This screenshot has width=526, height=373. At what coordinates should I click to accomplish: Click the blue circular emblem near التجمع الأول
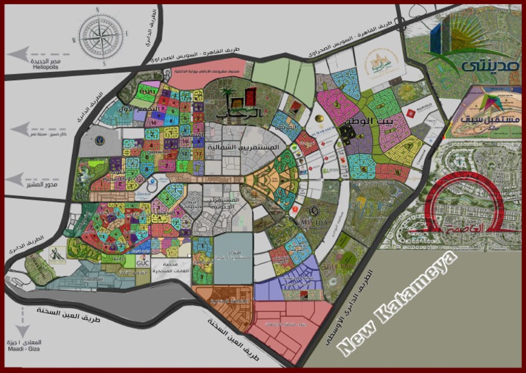pyautogui.click(x=101, y=141)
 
